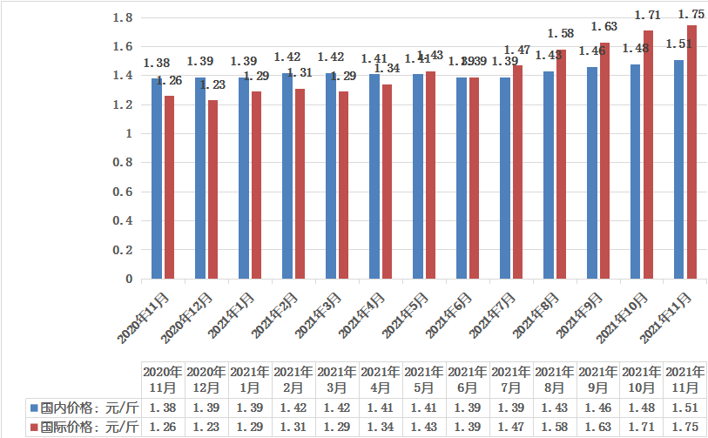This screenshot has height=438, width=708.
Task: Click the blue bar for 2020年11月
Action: pyautogui.click(x=157, y=179)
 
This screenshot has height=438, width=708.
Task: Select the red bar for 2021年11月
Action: pyautogui.click(x=691, y=152)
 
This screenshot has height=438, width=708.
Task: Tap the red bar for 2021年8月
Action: pyautogui.click(x=561, y=165)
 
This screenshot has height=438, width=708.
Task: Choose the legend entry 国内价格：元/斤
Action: pyautogui.click(x=85, y=407)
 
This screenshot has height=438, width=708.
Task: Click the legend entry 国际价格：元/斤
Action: pyautogui.click(x=85, y=427)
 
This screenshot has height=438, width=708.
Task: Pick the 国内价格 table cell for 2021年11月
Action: pyautogui.click(x=684, y=407)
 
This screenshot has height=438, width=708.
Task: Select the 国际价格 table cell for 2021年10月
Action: pyautogui.click(x=641, y=427)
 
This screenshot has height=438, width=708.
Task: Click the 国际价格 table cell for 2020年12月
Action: pyautogui.click(x=206, y=427)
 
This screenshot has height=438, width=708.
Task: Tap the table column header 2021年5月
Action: pyautogui.click(x=423, y=379)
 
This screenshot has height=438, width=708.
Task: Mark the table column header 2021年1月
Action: pyautogui.click(x=249, y=379)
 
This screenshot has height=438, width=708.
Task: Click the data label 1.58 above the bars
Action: pyautogui.click(x=561, y=34)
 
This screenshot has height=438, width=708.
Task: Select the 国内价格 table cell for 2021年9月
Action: pyautogui.click(x=597, y=407)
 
